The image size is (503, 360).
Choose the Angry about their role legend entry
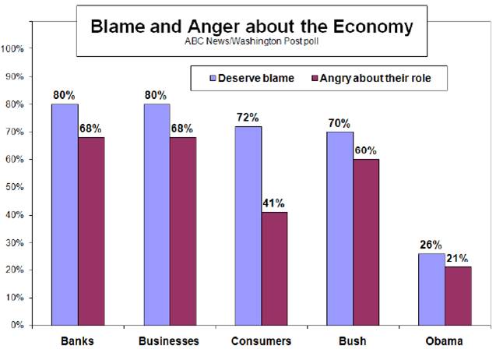point(376,78)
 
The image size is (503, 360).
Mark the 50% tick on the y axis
point(16,187)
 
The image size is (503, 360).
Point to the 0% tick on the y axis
point(18,325)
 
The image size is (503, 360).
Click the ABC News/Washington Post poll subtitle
point(251,41)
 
